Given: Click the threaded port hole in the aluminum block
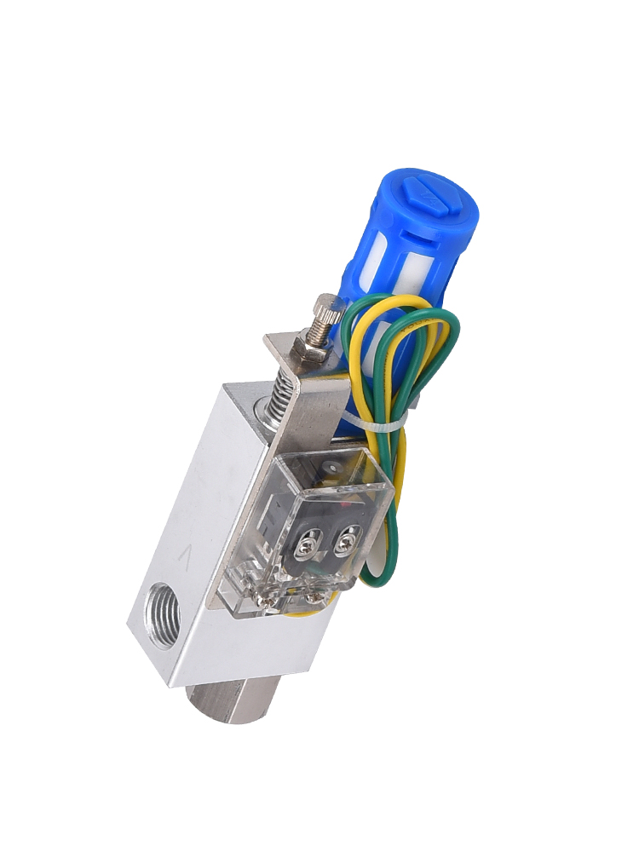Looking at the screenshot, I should pyautogui.click(x=162, y=612).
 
